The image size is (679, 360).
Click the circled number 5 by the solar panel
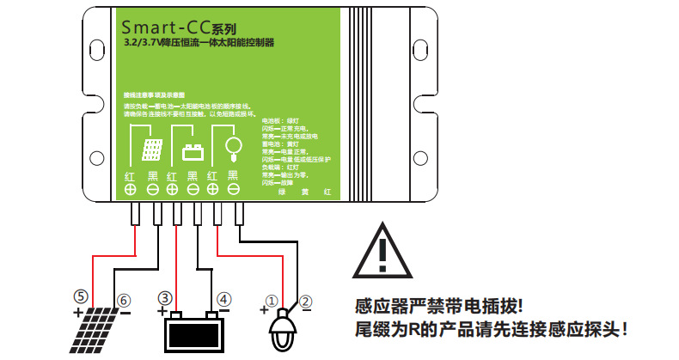pos(80,296)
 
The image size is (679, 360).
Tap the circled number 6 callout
pos(125,301)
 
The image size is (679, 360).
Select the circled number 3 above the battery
pos(164,298)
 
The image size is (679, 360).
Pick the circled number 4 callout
pos(223,299)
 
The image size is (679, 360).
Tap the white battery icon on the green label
pos(193,153)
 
